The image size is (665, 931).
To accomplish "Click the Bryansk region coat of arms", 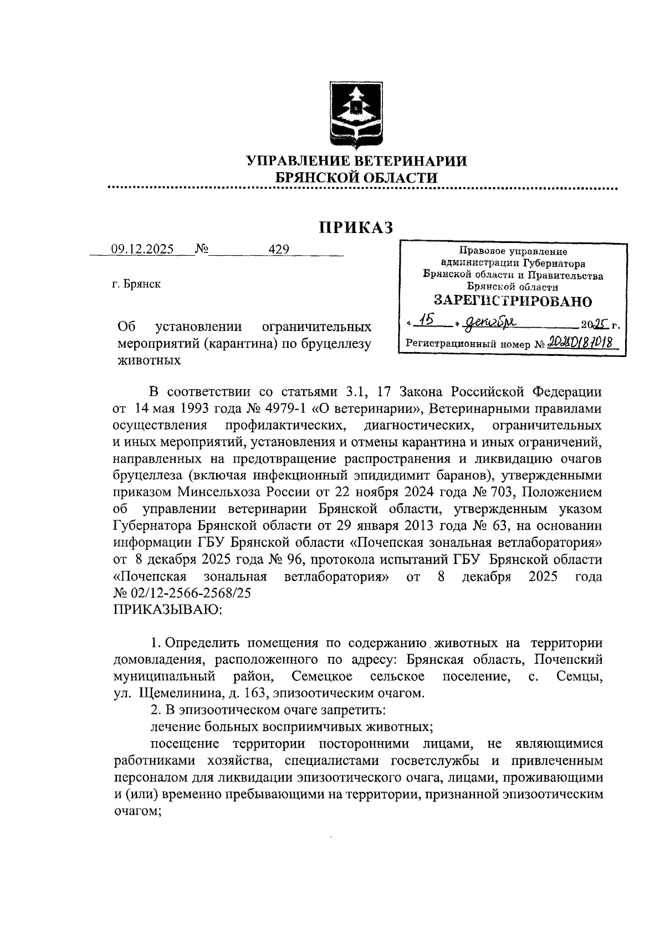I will tap(355, 112).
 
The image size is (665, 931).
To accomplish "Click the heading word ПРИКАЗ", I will tap(355, 227).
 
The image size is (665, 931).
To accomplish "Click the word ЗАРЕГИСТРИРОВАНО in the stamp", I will tap(513, 301).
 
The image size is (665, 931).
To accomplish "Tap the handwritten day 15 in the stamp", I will tap(427, 320).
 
